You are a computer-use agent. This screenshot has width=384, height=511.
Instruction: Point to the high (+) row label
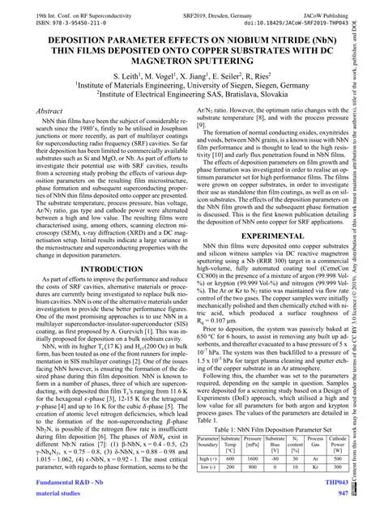208,457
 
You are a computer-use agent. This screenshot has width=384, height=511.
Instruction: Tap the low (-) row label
208,468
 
